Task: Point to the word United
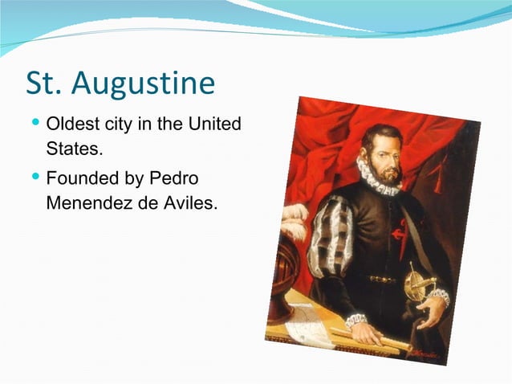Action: (x=214, y=126)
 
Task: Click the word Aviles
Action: (x=190, y=202)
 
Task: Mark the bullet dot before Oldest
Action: (x=35, y=125)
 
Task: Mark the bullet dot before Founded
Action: (x=35, y=177)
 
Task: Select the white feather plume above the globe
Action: (x=295, y=221)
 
